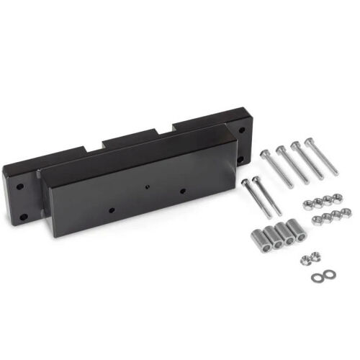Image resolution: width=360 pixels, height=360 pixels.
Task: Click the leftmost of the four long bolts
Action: coord(277,168)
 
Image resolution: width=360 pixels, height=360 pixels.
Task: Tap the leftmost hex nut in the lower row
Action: coord(318,220)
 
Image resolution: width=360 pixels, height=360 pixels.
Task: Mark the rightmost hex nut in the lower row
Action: coord(346,212)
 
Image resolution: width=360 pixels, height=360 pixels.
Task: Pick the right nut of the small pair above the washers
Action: coord(315,255)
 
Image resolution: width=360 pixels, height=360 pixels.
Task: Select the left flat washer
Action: coord(318,278)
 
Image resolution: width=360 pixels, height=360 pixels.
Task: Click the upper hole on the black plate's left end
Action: coord(21,186)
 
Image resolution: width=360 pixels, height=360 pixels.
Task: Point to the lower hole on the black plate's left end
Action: coord(24,216)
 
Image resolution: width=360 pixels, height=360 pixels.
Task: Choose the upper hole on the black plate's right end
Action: coord(241,130)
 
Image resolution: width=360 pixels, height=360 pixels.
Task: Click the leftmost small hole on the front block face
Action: coord(111,211)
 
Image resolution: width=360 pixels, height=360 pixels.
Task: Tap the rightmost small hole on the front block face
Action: coord(183,191)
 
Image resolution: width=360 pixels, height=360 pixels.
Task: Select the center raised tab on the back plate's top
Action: coord(129,136)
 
